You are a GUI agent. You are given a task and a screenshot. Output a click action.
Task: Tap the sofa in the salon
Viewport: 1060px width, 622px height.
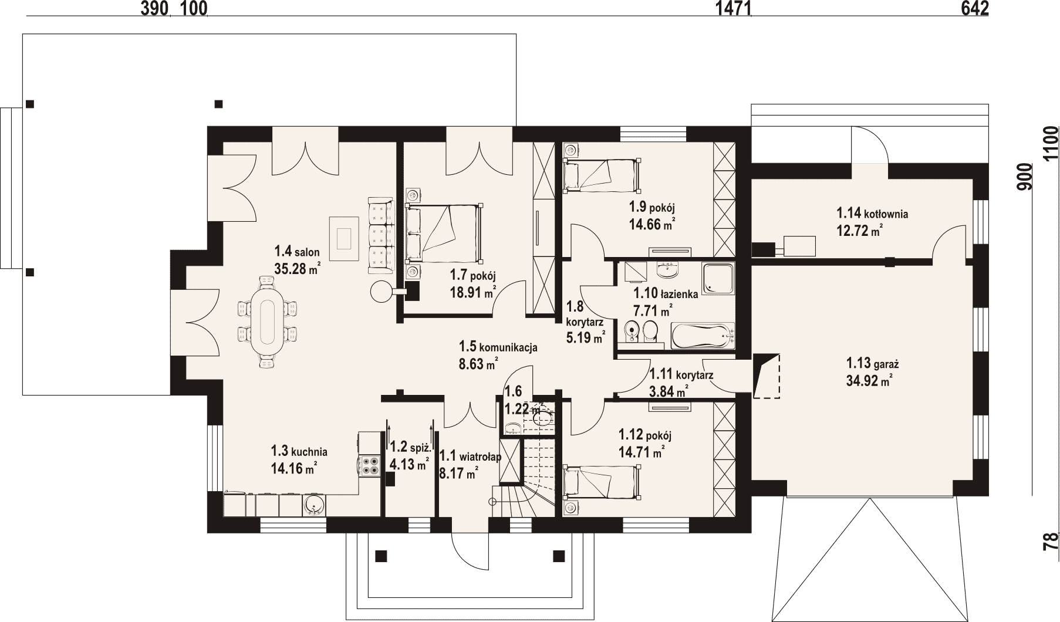point(380,235)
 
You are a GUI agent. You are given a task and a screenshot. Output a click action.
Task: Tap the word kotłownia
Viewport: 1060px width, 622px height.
point(886,214)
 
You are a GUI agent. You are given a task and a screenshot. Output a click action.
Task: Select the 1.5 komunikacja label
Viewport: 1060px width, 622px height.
point(498,347)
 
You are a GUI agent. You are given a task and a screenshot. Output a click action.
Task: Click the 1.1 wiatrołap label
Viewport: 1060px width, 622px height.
point(470,457)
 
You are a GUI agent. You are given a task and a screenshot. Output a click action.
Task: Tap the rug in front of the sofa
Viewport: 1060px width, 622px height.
point(344,238)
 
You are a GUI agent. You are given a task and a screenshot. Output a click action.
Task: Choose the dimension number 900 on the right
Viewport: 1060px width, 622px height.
point(1025,176)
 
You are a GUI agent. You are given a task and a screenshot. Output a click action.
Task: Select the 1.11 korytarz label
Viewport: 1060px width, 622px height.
point(681,374)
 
